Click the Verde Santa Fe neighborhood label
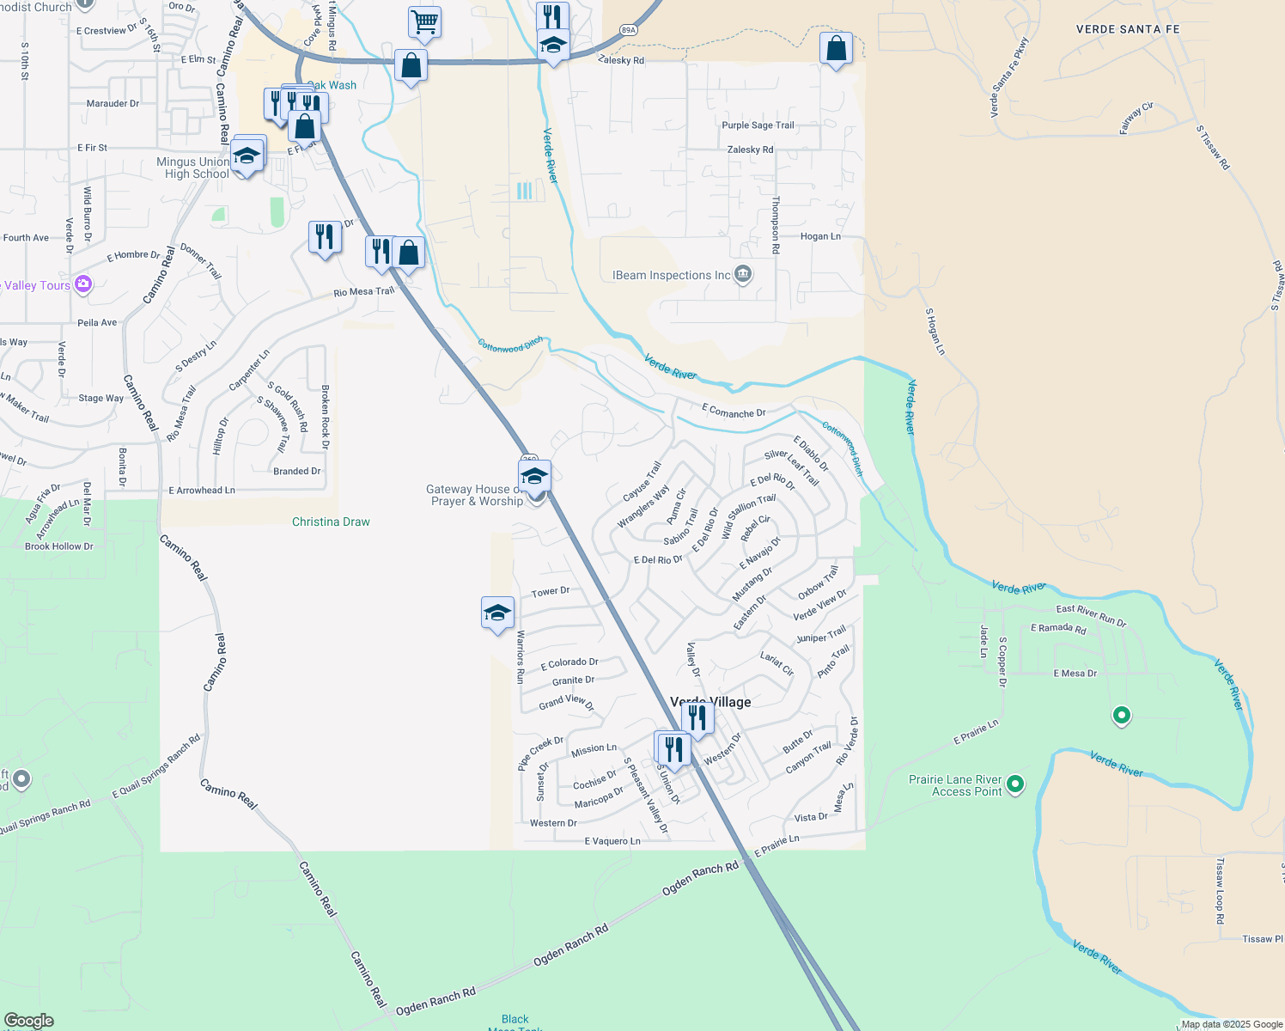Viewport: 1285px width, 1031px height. (1127, 29)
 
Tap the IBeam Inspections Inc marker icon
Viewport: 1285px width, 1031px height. (744, 275)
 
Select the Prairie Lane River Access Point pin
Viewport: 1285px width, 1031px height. (1015, 784)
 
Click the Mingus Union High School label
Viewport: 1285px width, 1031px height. (193, 168)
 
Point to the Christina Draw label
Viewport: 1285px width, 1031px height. (331, 522)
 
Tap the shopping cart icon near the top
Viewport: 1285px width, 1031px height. (424, 21)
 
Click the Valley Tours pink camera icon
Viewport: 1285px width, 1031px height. (83, 284)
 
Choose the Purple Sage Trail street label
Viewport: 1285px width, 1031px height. (758, 125)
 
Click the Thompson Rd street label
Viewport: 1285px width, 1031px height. (776, 224)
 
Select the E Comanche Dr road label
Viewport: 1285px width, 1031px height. (734, 412)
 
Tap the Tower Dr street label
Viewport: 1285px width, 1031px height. (550, 592)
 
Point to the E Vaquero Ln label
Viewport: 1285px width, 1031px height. (612, 841)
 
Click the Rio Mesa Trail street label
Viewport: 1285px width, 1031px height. (364, 292)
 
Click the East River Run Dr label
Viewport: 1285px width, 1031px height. (1091, 615)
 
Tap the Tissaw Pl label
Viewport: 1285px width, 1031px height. (1263, 939)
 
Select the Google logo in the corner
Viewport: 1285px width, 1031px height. (28, 1020)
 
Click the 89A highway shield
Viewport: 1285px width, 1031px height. (629, 31)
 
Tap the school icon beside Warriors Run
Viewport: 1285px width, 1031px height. (498, 613)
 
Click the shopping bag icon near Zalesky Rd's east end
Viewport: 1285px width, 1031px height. (836, 49)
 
